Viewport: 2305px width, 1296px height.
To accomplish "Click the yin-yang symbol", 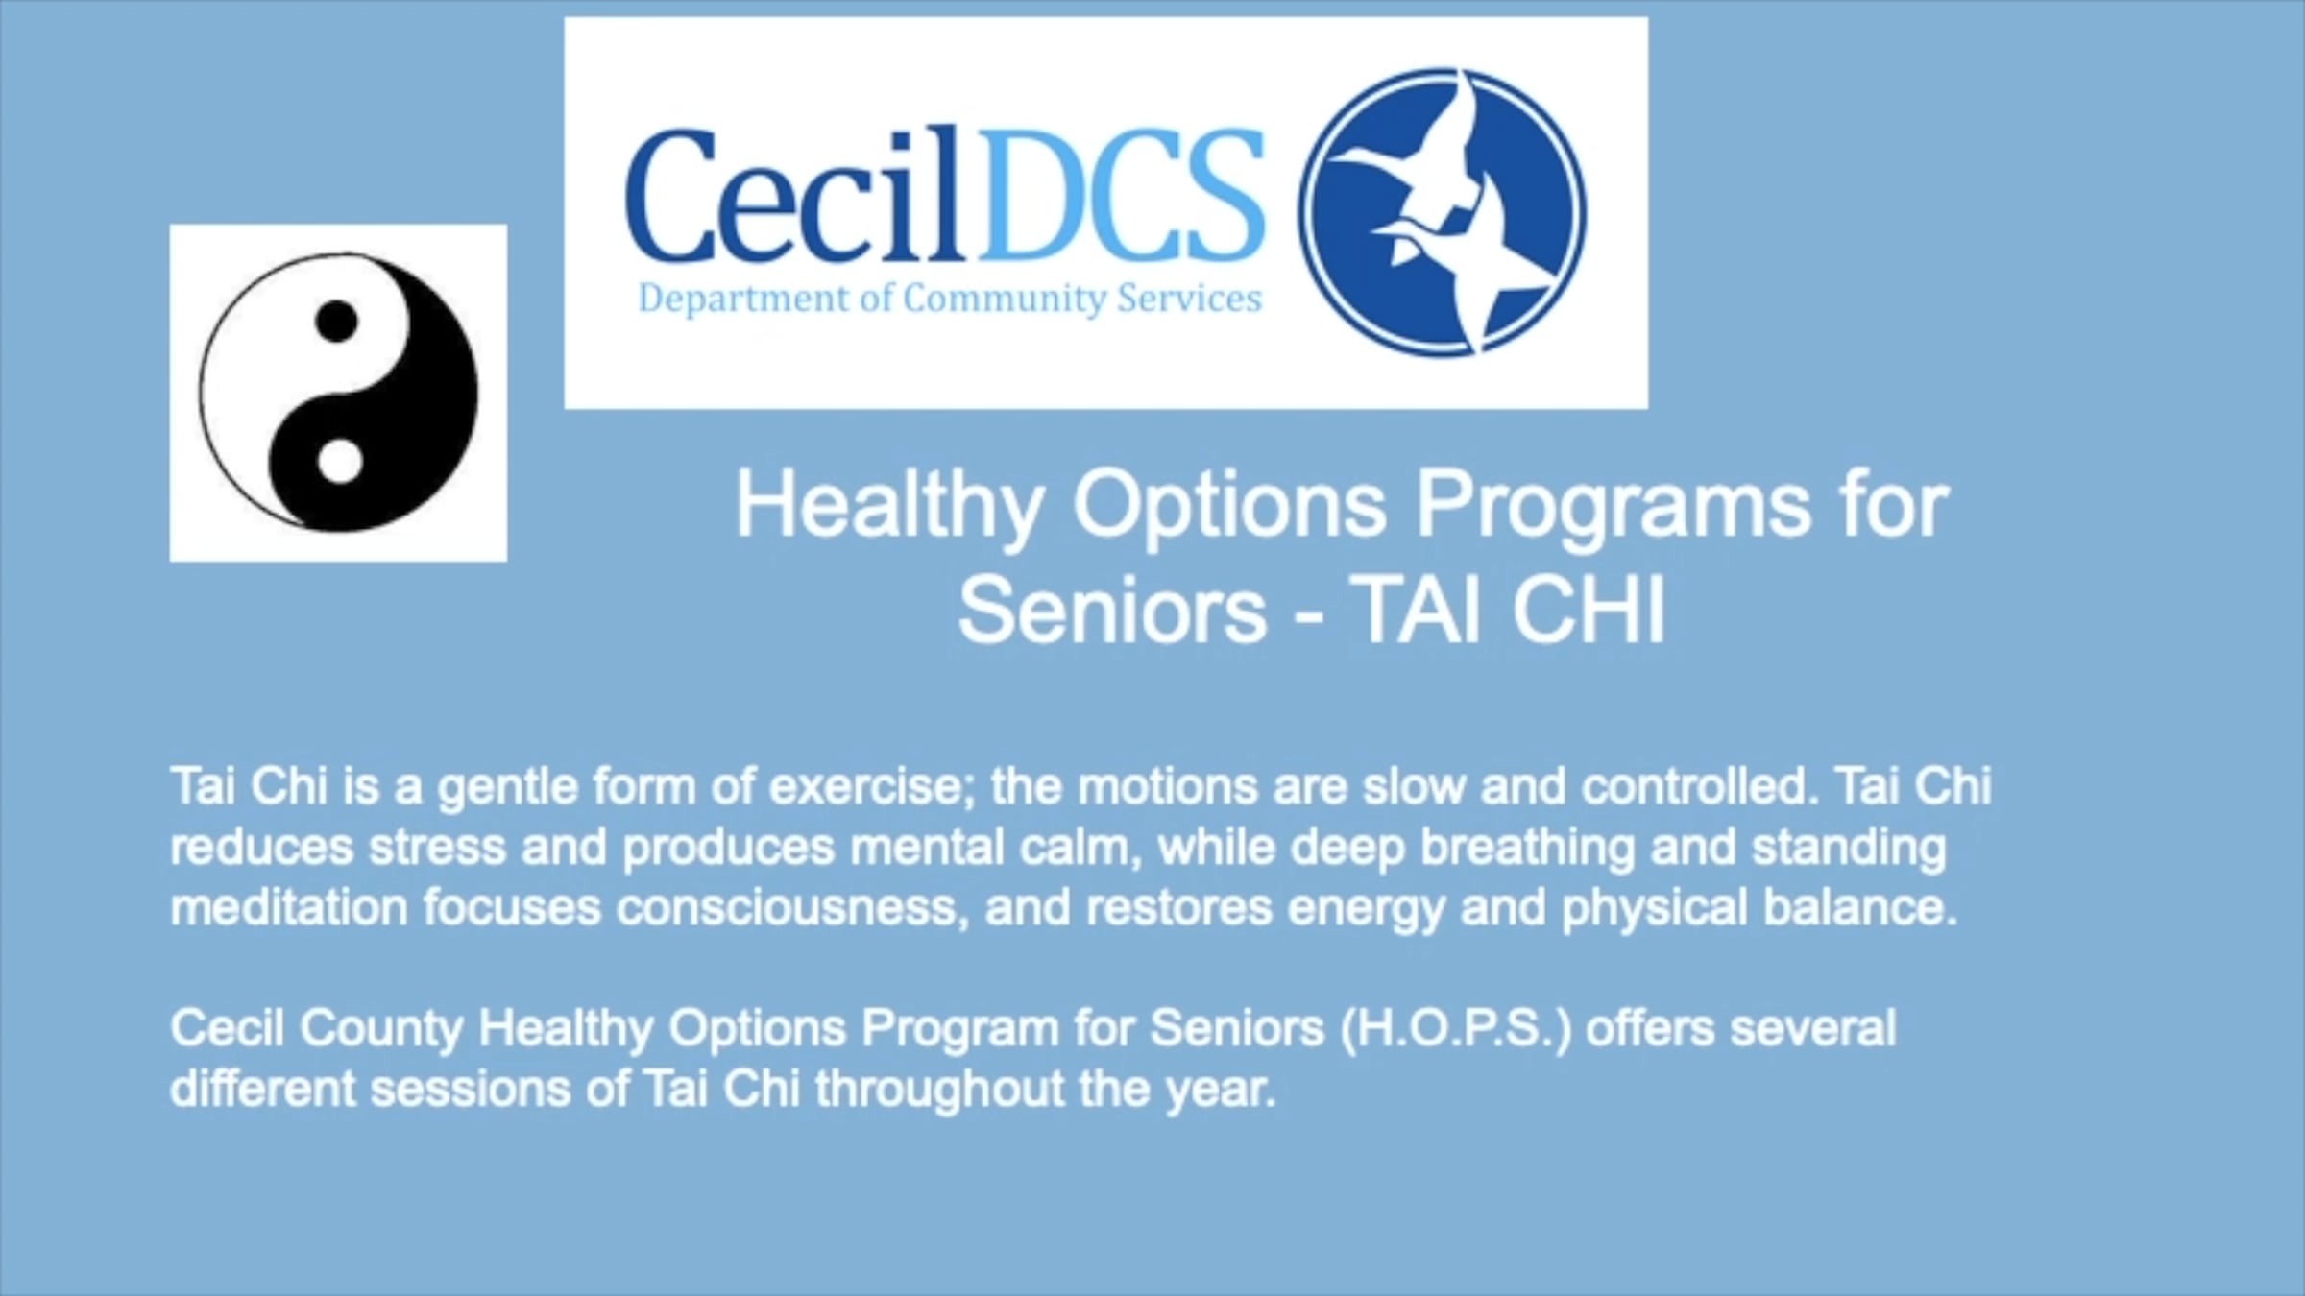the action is pyautogui.click(x=338, y=392).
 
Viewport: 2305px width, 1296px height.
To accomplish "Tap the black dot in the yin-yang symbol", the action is pyautogui.click(x=336, y=321).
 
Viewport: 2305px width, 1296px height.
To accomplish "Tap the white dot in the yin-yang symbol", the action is pyautogui.click(x=339, y=461).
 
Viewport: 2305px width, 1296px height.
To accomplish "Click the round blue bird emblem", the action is pyautogui.click(x=1442, y=212).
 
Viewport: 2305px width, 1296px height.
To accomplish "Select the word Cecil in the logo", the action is pyautogui.click(x=793, y=194).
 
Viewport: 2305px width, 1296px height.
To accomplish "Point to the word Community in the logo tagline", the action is pyautogui.click(x=1005, y=300).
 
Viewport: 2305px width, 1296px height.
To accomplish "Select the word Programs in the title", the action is pyautogui.click(x=1613, y=508).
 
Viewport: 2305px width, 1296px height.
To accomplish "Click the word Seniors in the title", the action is pyautogui.click(x=1112, y=611).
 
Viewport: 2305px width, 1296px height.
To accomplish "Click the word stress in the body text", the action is pyautogui.click(x=437, y=848).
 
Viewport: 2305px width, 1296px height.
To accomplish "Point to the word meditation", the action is pyautogui.click(x=289, y=907).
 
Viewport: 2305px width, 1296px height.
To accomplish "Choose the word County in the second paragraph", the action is pyautogui.click(x=381, y=1029).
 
